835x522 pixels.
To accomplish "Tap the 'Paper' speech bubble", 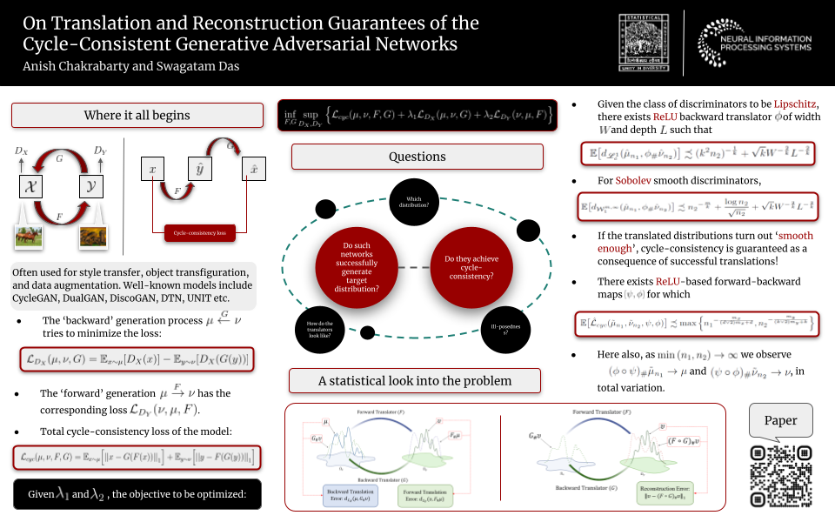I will pyautogui.click(x=779, y=419).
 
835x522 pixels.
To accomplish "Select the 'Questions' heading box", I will pyautogui.click(x=417, y=157).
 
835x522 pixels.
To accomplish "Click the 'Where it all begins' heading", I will pyautogui.click(x=137, y=116).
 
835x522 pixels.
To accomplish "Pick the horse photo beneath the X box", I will pyautogui.click(x=30, y=237).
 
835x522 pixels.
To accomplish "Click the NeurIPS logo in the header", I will pyautogui.click(x=755, y=38).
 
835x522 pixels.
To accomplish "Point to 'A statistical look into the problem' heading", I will pyautogui.click(x=415, y=381).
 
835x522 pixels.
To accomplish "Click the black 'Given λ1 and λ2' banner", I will pyautogui.click(x=137, y=494).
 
